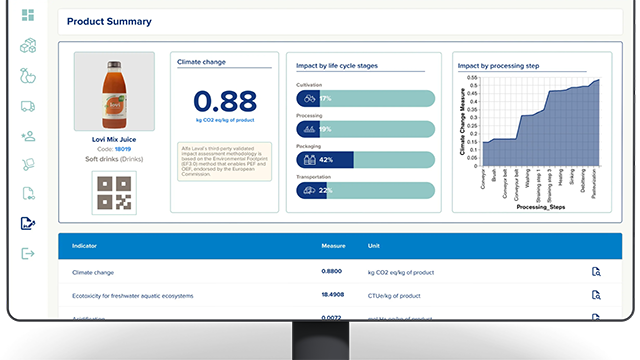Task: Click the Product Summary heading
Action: tap(108, 21)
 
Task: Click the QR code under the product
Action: tap(113, 192)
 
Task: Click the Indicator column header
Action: tap(85, 245)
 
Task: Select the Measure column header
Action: tap(333, 245)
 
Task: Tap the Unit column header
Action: tap(374, 245)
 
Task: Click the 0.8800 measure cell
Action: tap(331, 271)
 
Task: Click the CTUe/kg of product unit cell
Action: tap(397, 295)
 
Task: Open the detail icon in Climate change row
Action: tap(596, 271)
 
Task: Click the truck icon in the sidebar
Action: tap(27, 106)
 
